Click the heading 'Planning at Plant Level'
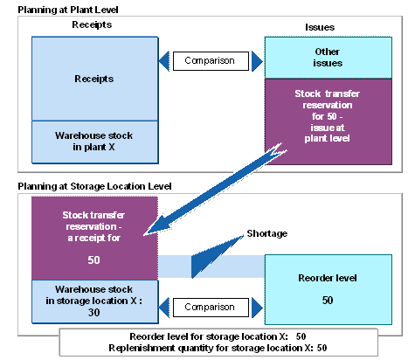tap(68, 10)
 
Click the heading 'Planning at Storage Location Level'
tap(94, 186)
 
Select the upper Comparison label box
tap(211, 61)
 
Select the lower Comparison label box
tap(211, 308)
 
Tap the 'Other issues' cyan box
tap(329, 58)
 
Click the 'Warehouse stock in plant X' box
tap(95, 142)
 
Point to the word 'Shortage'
tap(267, 233)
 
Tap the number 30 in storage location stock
tap(93, 313)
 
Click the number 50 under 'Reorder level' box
tap(328, 301)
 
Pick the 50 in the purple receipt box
tap(93, 260)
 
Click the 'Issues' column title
tap(320, 27)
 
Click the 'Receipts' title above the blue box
tap(92, 24)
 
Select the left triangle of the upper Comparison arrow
tap(165, 61)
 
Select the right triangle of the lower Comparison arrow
tap(257, 308)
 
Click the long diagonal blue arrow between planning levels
tap(216, 190)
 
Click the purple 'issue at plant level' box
tap(329, 121)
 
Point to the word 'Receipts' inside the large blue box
tap(93, 79)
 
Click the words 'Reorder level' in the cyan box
tap(328, 278)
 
